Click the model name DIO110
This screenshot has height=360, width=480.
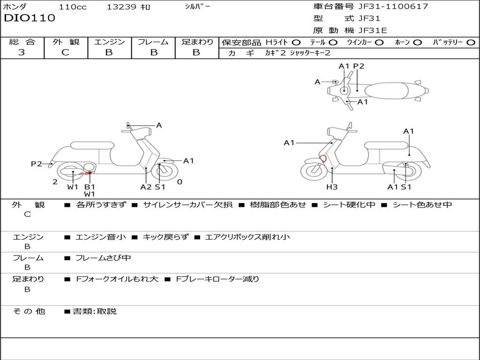click(30, 18)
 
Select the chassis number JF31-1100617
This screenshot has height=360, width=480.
click(393, 6)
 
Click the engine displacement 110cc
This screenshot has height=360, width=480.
click(73, 7)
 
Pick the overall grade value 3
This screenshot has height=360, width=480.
click(22, 52)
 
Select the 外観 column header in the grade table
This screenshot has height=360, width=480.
click(66, 42)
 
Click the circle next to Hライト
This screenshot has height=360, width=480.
click(296, 43)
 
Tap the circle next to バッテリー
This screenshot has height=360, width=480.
click(471, 43)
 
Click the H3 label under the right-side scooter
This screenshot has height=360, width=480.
click(332, 187)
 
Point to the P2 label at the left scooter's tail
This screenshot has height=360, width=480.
click(36, 164)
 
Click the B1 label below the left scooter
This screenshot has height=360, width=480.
click(90, 187)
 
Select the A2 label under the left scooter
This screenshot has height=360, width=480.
click(146, 187)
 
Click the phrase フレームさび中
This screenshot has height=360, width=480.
click(103, 258)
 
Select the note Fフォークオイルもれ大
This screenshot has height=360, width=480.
click(117, 279)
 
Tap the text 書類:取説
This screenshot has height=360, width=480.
click(95, 311)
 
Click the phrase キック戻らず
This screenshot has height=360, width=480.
click(165, 237)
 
